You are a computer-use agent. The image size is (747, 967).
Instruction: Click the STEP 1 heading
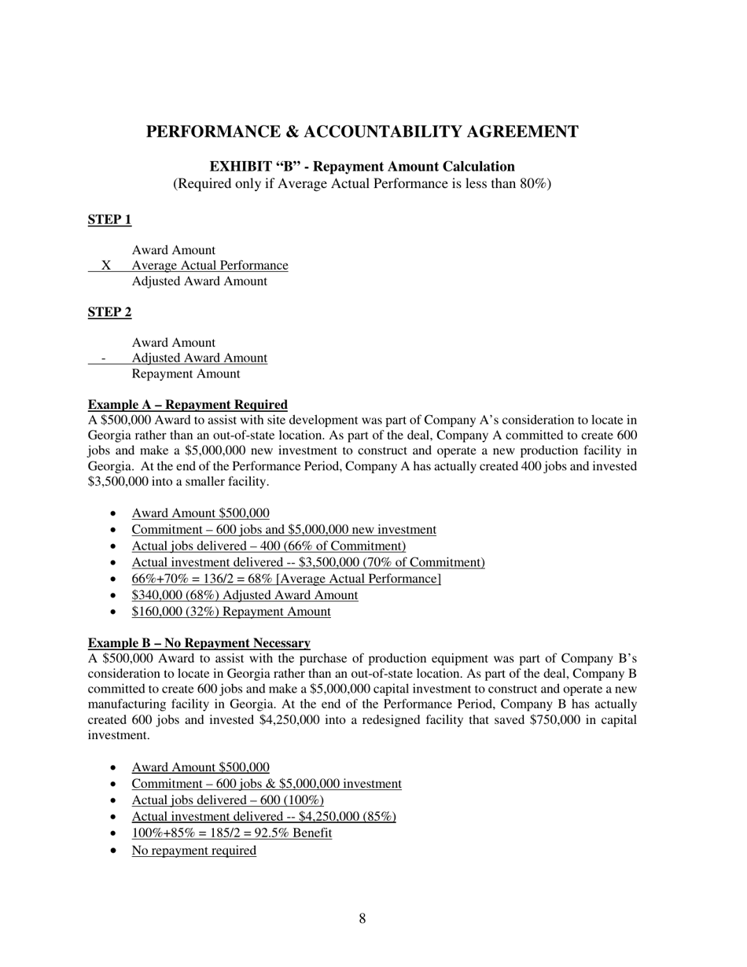[x=109, y=219]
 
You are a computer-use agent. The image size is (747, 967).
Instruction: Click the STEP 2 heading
[x=109, y=312]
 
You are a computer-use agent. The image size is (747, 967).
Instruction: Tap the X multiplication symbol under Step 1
[x=105, y=266]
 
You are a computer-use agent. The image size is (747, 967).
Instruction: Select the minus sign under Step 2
[x=104, y=358]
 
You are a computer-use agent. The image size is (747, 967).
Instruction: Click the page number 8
[x=362, y=918]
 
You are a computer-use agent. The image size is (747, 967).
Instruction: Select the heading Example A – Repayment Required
[x=187, y=405]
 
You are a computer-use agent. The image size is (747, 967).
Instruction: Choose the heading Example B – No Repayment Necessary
[x=198, y=643]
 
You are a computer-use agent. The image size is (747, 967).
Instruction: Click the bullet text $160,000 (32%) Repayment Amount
[x=231, y=612]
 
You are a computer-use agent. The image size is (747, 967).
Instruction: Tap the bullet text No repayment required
[x=193, y=850]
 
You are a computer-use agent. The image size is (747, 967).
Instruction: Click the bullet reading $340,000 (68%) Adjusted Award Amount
[x=245, y=595]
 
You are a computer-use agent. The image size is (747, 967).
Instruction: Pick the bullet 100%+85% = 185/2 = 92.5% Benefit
[x=231, y=833]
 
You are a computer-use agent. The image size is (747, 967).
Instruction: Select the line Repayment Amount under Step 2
[x=186, y=374]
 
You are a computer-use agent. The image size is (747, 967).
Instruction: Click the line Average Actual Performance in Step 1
[x=209, y=266]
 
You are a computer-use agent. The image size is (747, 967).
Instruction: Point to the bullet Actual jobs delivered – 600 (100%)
[x=227, y=800]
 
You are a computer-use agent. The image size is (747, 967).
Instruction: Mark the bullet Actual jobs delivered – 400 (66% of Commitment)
[x=268, y=546]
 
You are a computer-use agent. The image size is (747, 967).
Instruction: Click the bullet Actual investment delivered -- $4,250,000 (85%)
[x=263, y=817]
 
